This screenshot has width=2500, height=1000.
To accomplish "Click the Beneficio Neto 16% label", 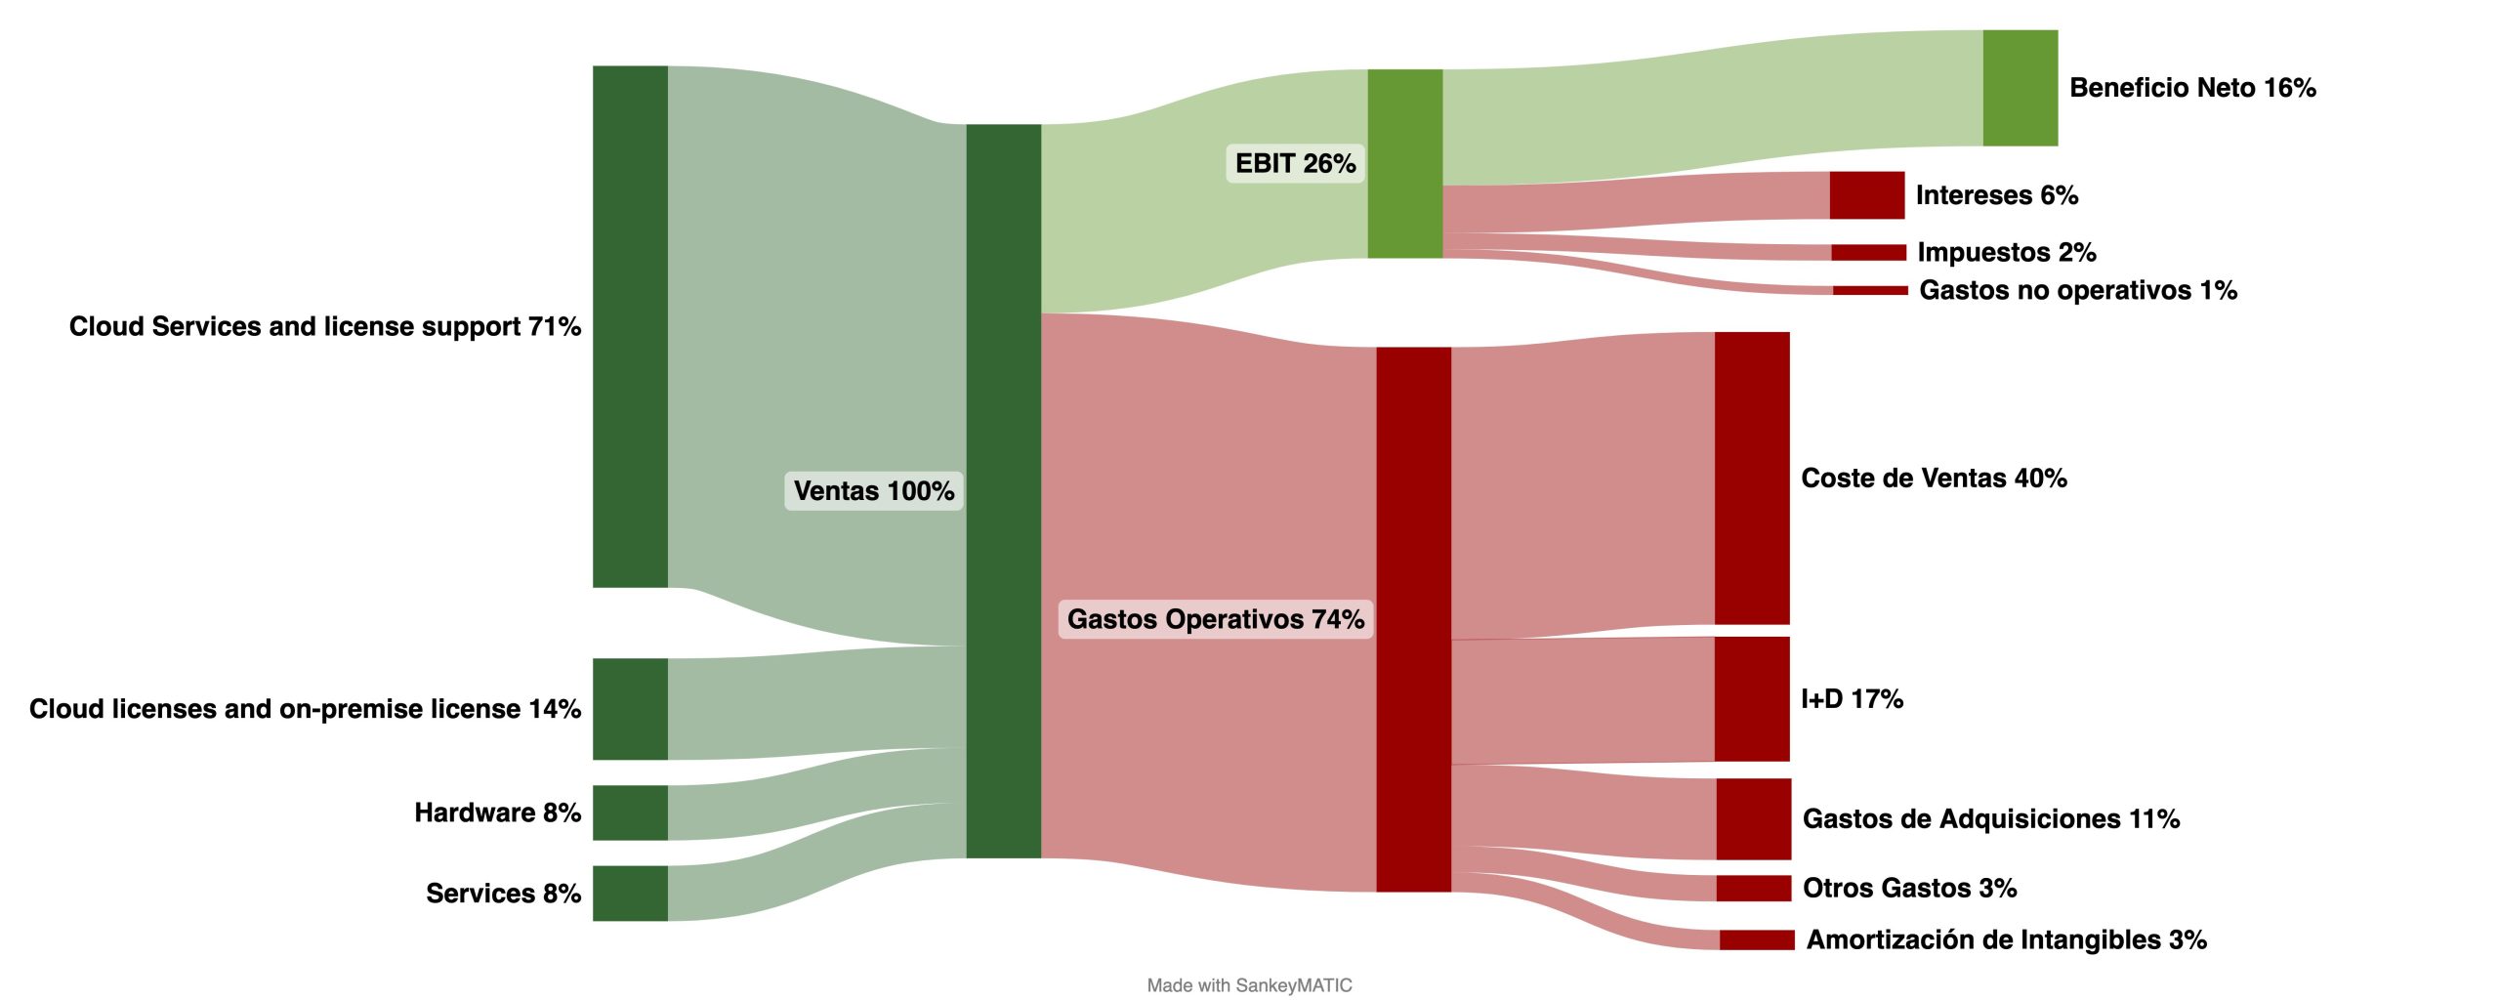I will [x=2191, y=88].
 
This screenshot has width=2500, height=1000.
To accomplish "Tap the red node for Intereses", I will [x=1866, y=195].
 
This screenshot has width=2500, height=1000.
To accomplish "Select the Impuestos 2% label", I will [x=2006, y=252].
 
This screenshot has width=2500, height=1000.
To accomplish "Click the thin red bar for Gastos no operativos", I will [x=1869, y=290].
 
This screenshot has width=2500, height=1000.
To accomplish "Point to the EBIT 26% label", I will [x=1295, y=163].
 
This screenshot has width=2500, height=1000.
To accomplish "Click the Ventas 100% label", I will [x=873, y=490].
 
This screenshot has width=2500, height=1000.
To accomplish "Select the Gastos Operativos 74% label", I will [x=1215, y=619].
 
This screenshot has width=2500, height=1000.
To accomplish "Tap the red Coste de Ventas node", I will [x=1752, y=478].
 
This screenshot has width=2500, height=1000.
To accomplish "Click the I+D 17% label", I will [x=1852, y=699].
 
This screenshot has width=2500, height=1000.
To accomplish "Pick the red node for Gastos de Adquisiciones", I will [x=1753, y=818].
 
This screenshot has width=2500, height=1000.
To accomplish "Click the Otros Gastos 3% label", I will [x=1909, y=888].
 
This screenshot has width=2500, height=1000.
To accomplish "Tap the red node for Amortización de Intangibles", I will [x=1757, y=939].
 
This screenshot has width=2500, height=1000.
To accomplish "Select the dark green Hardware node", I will [x=630, y=812].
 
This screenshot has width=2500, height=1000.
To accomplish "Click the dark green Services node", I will [x=630, y=893].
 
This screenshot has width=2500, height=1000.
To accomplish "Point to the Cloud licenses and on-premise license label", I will [x=305, y=709].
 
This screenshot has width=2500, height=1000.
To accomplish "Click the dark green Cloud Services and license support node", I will [x=630, y=326].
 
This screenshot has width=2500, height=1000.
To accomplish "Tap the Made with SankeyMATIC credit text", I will [x=1249, y=985].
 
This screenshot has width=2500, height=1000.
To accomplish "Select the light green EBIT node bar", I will [x=1404, y=163].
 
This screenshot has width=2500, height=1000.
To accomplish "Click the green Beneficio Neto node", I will [x=2020, y=88].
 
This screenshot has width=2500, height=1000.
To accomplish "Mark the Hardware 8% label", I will [x=497, y=812].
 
